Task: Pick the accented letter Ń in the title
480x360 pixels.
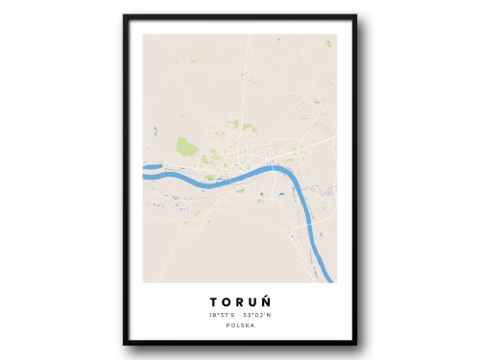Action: coord(276,301)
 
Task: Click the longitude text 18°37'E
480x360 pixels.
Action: coord(221,315)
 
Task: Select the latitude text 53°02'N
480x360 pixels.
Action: coord(258,315)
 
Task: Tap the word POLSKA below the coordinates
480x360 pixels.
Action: coord(239,325)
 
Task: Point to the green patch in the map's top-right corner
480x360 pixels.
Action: coord(327,43)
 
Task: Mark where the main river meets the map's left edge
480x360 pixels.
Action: coord(145,175)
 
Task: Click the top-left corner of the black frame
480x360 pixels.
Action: coord(125,16)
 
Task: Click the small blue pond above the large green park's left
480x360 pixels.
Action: coord(154,130)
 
